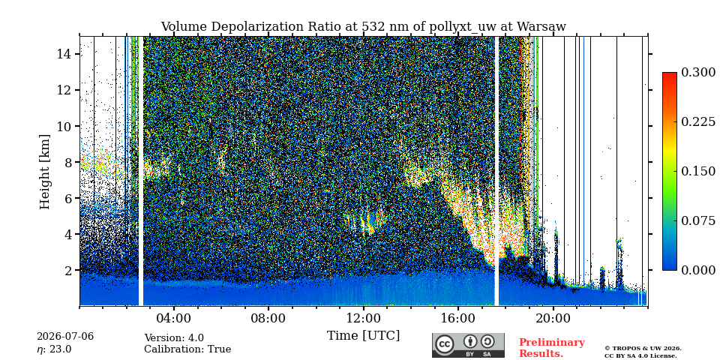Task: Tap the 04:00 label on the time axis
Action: (x=174, y=318)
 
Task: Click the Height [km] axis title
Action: (x=44, y=172)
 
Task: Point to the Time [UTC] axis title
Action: (x=363, y=336)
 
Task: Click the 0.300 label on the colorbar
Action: (x=698, y=73)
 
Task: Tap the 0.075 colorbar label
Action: (x=698, y=220)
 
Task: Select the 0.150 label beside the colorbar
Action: (x=698, y=171)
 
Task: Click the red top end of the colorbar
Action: (x=670, y=74)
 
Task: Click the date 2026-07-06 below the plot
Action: (x=65, y=337)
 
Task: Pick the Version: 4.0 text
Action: (x=174, y=338)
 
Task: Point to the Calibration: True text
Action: (x=187, y=349)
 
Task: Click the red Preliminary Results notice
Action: (x=552, y=348)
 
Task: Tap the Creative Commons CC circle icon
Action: (x=445, y=344)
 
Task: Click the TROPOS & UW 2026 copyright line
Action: (x=643, y=349)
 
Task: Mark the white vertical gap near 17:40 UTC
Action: (x=496, y=171)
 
